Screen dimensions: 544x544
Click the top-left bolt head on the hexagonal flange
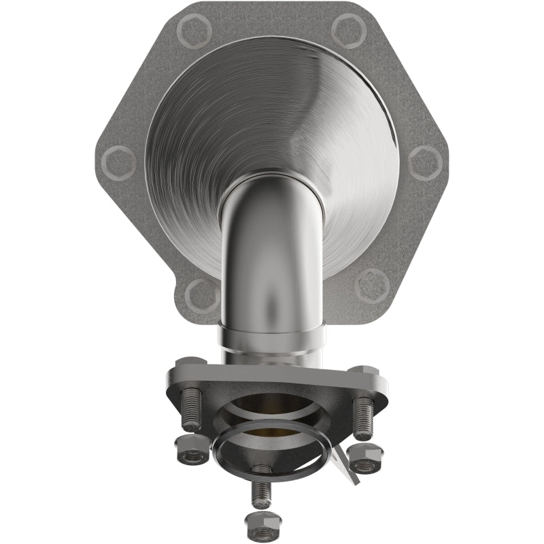[192, 30]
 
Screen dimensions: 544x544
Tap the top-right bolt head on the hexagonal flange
[349, 30]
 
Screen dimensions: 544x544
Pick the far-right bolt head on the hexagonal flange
[426, 163]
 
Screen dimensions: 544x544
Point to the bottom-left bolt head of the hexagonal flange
[202, 295]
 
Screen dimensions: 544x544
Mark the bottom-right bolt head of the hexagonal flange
[373, 286]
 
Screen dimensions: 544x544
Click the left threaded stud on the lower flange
[191, 413]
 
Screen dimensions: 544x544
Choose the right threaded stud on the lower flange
[364, 416]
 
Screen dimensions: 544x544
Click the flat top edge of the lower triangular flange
[272, 371]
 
